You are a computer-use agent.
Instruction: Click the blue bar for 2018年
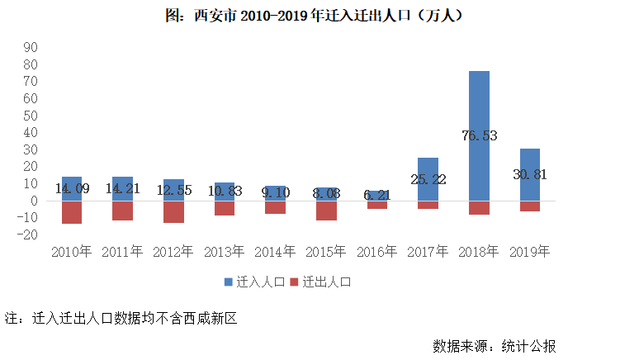pyautogui.click(x=479, y=99)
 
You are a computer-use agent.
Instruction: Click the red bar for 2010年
pyautogui.click(x=72, y=212)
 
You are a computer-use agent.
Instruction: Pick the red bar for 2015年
pyautogui.click(x=326, y=211)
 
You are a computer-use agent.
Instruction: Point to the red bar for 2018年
pyautogui.click(x=479, y=208)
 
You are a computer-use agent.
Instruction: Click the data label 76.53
pyautogui.click(x=479, y=135)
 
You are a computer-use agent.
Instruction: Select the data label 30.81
pyautogui.click(x=530, y=175)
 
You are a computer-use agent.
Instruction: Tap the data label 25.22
pyautogui.click(x=428, y=179)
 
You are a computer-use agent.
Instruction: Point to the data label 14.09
pyautogui.click(x=72, y=188)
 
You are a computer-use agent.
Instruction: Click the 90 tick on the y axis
pyautogui.click(x=32, y=47)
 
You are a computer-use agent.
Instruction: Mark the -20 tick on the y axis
pyautogui.click(x=30, y=235)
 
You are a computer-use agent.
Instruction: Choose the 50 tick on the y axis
pyautogui.click(x=32, y=116)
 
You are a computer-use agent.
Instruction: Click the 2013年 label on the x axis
pyautogui.click(x=224, y=251)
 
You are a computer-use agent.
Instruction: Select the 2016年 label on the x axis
pyautogui.click(x=376, y=251)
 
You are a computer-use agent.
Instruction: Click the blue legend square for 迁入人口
pyautogui.click(x=229, y=282)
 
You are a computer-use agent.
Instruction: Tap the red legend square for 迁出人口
pyautogui.click(x=295, y=282)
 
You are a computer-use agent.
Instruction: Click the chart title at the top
pyautogui.click(x=319, y=16)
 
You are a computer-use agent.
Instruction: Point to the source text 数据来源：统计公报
pyautogui.click(x=500, y=344)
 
